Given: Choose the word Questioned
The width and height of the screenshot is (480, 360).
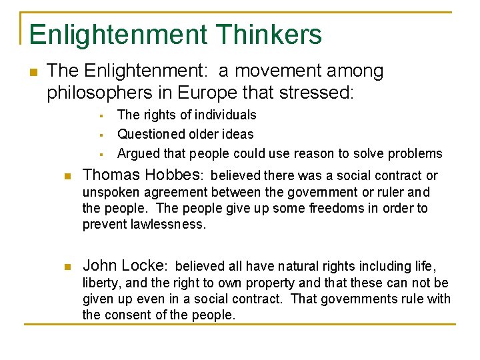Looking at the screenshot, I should (151, 134).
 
